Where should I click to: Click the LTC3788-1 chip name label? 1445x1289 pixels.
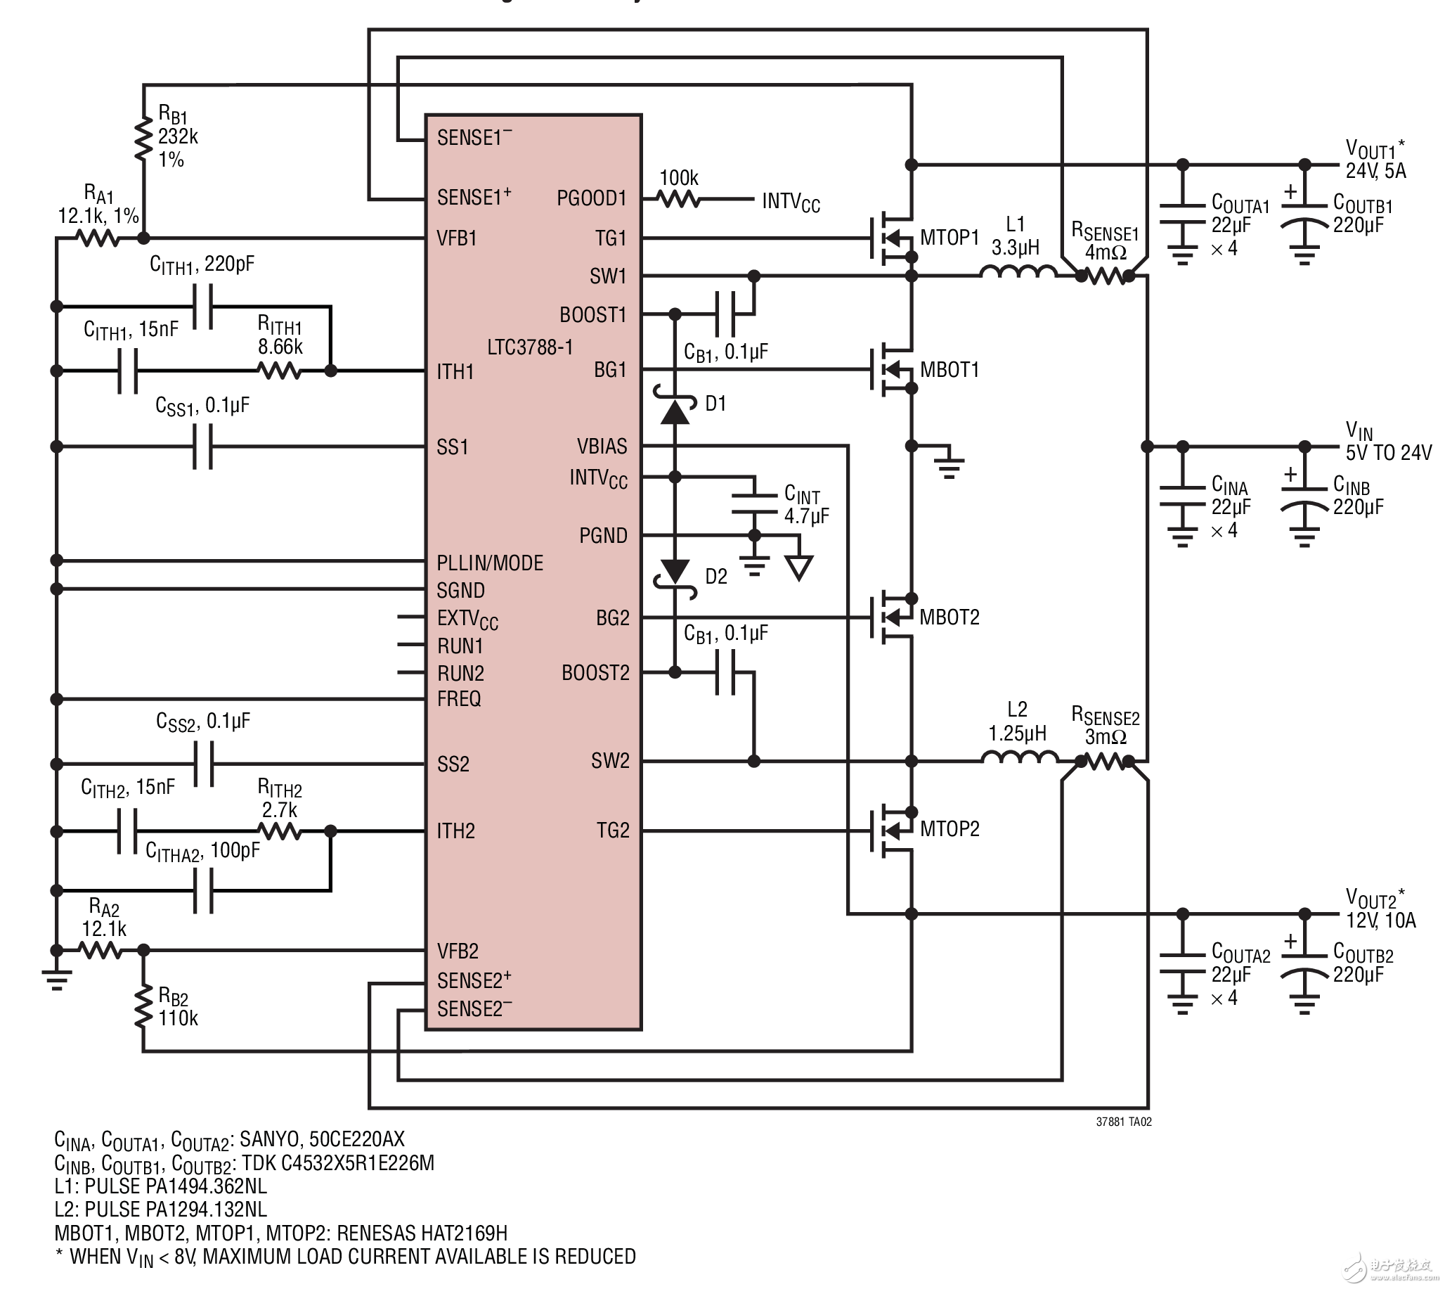[x=529, y=347]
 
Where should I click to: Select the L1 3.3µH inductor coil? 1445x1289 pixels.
[x=1018, y=272]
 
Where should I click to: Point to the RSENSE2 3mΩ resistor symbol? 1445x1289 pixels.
[x=1104, y=762]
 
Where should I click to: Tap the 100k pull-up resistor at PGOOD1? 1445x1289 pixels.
[x=679, y=200]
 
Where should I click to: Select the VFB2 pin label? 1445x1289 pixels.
[x=458, y=951]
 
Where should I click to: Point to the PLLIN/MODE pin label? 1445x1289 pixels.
[x=490, y=563]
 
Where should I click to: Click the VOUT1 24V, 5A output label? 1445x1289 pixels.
[x=1375, y=160]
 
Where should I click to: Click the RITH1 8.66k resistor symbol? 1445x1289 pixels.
[x=280, y=371]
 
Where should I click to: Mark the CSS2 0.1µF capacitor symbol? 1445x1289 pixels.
[x=203, y=764]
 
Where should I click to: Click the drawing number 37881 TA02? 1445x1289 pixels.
[x=1124, y=1122]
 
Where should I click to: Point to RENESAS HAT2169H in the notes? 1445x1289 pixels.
[x=422, y=1233]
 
